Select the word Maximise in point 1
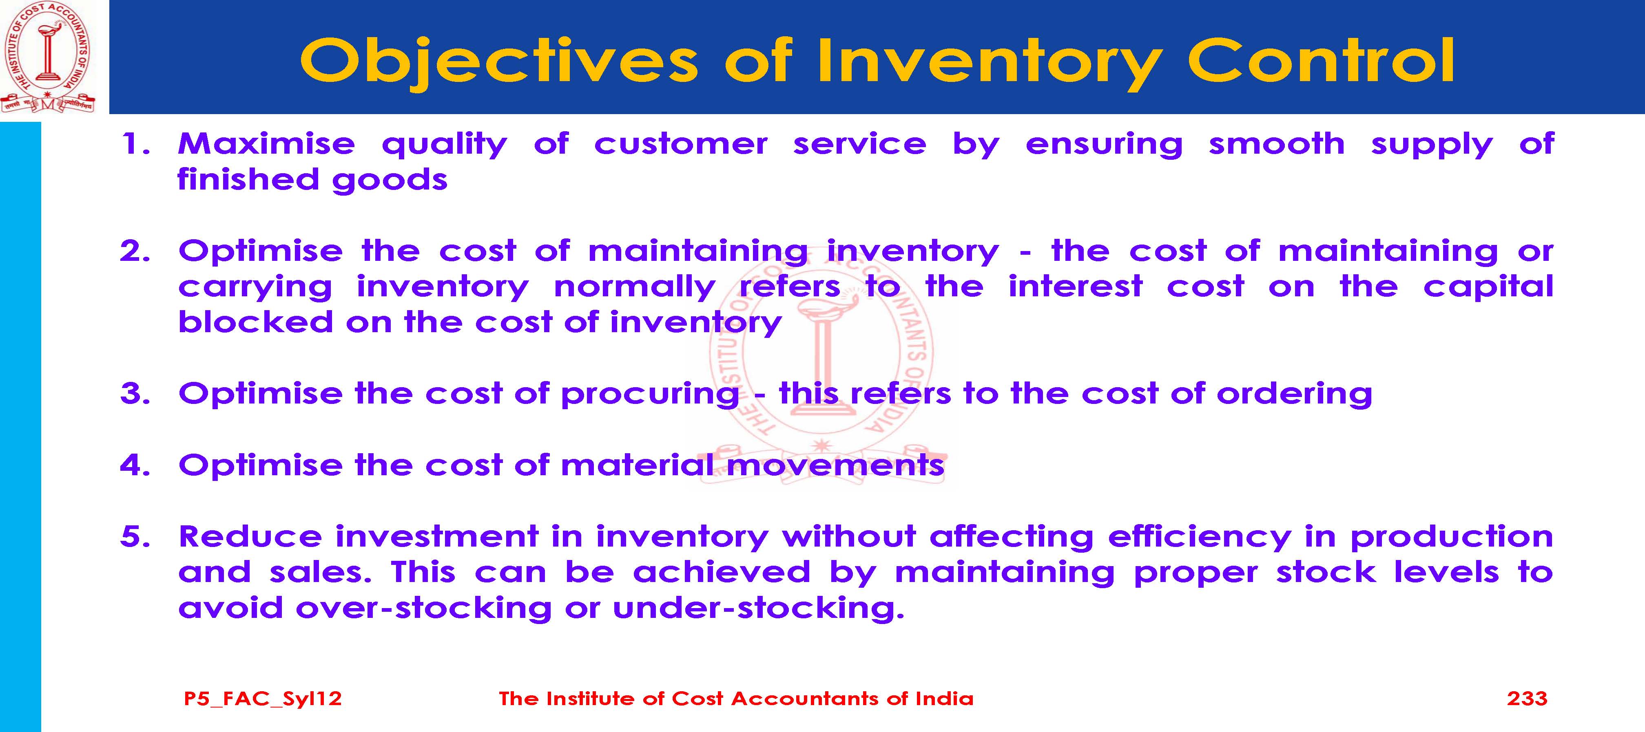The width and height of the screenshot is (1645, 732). pos(266,143)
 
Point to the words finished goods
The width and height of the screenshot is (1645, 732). pos(312,180)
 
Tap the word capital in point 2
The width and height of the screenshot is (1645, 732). pos(1488,287)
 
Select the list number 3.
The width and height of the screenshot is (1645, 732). pos(135,394)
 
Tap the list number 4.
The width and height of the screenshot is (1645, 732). pos(135,465)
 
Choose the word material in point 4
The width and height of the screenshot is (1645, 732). pos(637,465)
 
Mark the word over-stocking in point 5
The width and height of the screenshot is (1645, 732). pos(423,608)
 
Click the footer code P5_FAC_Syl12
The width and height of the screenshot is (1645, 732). pos(262,699)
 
